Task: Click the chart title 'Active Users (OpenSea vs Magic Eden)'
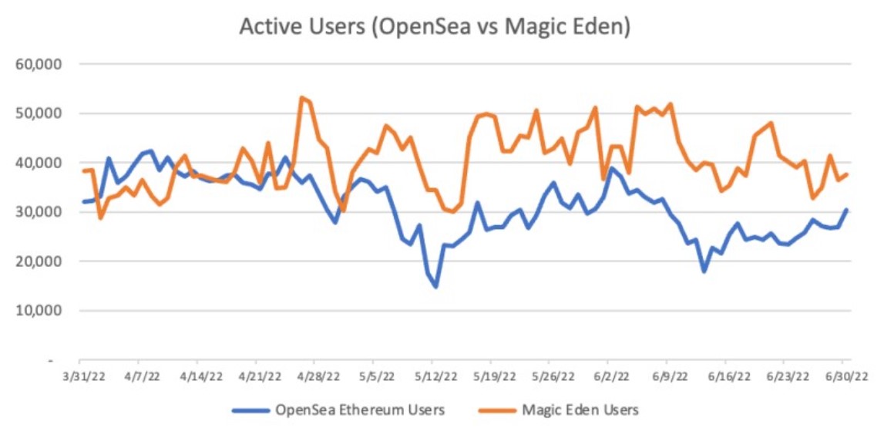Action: tap(435, 26)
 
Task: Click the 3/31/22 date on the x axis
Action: tap(79, 377)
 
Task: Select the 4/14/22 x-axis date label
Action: tap(197, 377)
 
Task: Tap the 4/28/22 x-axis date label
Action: tap(314, 377)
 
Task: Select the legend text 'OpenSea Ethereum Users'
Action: tap(359, 409)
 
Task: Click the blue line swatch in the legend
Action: tap(252, 409)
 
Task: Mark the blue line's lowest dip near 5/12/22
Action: tap(435, 287)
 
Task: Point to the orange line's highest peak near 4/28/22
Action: tap(301, 97)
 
